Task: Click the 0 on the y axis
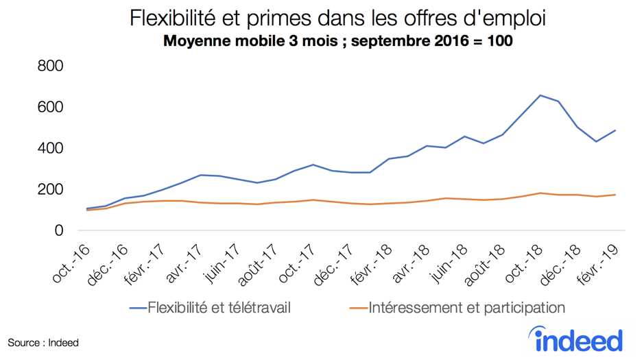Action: click(58, 231)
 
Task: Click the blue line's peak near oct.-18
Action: click(540, 95)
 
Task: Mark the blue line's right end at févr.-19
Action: click(615, 130)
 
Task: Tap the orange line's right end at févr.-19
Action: click(615, 195)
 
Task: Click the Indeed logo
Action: click(578, 339)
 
